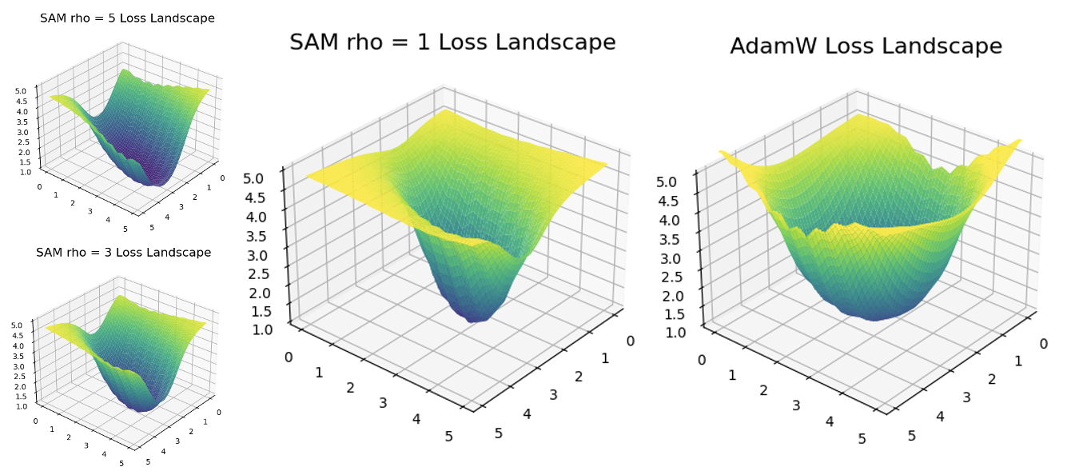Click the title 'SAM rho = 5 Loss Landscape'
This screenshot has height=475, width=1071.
[x=127, y=18]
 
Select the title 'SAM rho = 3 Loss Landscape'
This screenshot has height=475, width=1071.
[x=123, y=253]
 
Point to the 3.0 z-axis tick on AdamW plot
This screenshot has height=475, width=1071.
[x=671, y=258]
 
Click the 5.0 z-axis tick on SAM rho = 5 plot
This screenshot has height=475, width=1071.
[x=22, y=91]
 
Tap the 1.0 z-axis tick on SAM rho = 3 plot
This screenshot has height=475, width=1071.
[x=21, y=406]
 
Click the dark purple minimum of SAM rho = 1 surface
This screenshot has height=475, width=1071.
[x=477, y=316]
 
